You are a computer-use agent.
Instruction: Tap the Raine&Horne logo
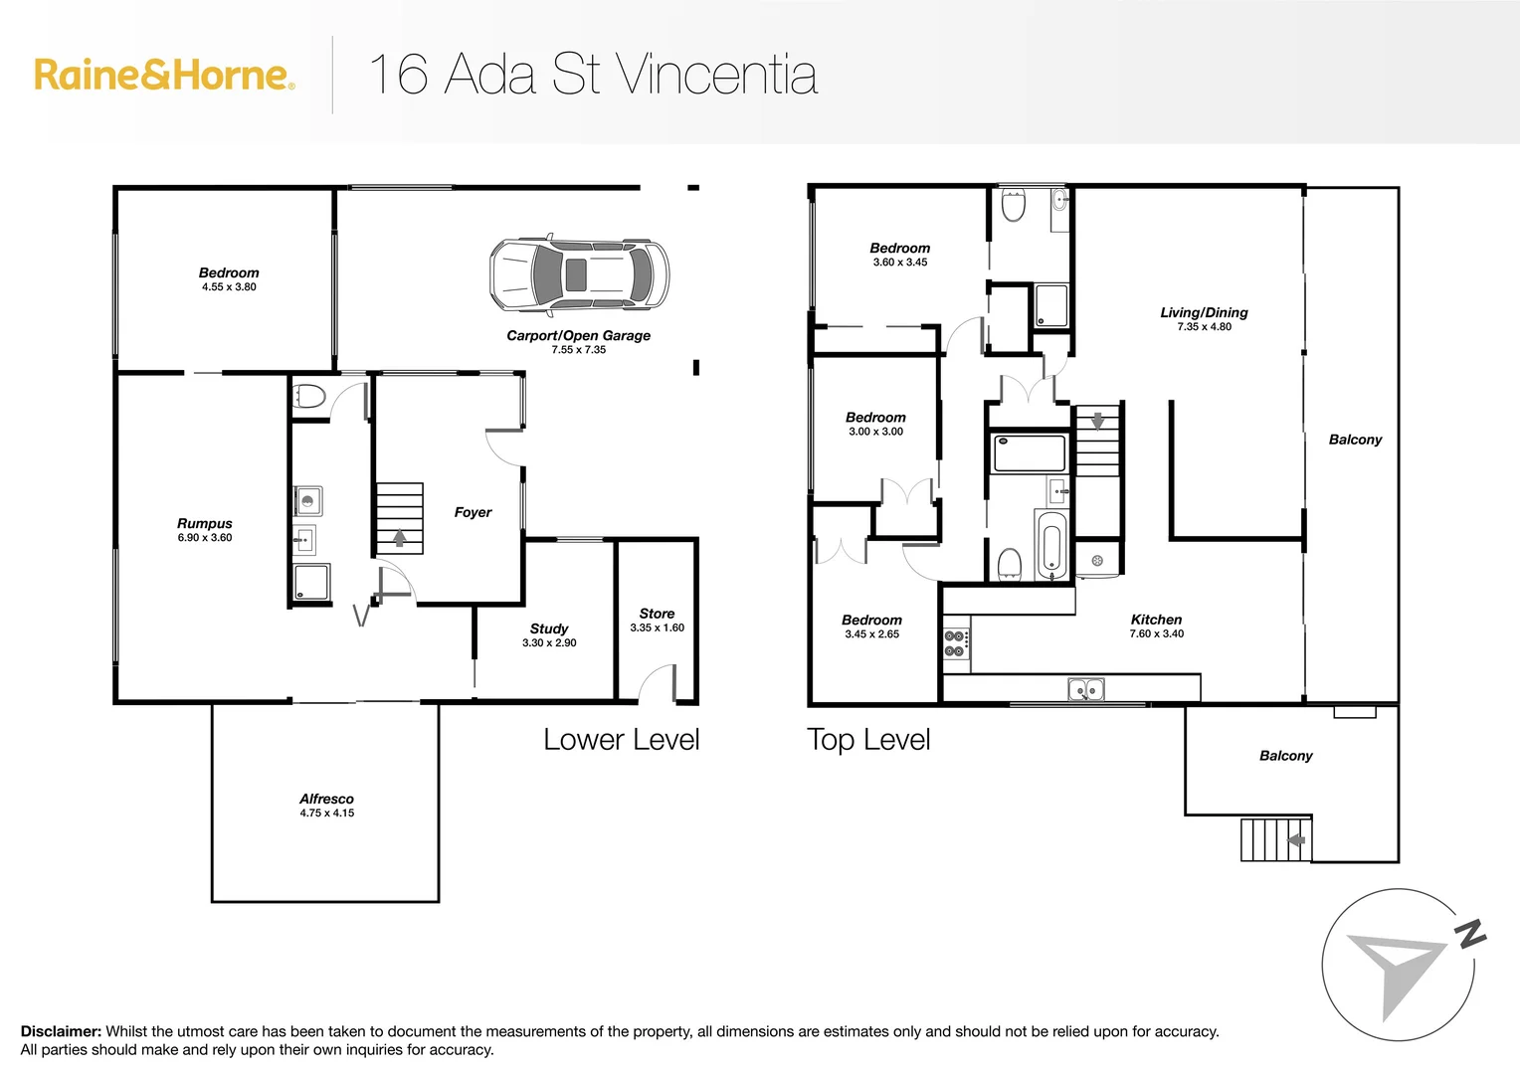pyautogui.click(x=164, y=76)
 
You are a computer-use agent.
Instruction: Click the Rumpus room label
pyautogui.click(x=205, y=523)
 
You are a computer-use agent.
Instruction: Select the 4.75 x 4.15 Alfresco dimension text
pyautogui.click(x=327, y=813)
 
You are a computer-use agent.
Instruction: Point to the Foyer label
pyautogui.click(x=473, y=512)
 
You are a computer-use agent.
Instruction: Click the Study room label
pyautogui.click(x=549, y=628)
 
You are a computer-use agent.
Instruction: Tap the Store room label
pyautogui.click(x=657, y=614)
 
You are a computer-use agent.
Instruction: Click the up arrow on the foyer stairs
pyautogui.click(x=400, y=538)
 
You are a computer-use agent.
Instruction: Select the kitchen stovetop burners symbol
pyautogui.click(x=955, y=643)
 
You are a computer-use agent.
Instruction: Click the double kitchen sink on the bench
pyautogui.click(x=1085, y=688)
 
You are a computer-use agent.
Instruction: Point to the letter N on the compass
pyautogui.click(x=1469, y=934)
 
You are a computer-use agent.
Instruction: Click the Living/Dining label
pyautogui.click(x=1204, y=312)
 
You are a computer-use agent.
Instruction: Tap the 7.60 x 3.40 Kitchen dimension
pyautogui.click(x=1156, y=634)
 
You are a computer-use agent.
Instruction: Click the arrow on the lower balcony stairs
pyautogui.click(x=1296, y=840)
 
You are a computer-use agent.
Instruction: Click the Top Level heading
pyautogui.click(x=868, y=740)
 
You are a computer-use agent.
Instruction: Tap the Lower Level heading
pyautogui.click(x=622, y=740)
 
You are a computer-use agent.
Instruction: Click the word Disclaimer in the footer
pyautogui.click(x=61, y=1032)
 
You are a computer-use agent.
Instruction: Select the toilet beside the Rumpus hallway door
pyautogui.click(x=310, y=397)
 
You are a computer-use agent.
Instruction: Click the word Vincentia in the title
pyautogui.click(x=716, y=75)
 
